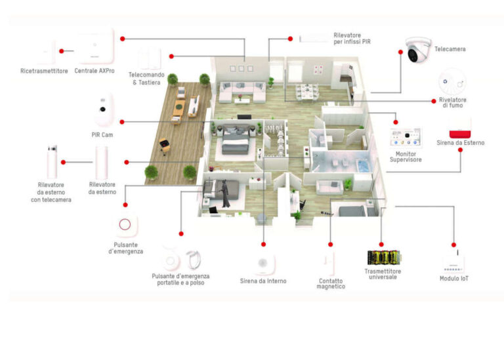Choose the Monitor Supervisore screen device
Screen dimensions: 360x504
pyautogui.click(x=405, y=139)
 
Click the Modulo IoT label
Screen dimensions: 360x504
pyautogui.click(x=453, y=278)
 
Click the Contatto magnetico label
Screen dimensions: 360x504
pyautogui.click(x=330, y=283)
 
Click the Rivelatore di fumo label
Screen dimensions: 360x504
pyautogui.click(x=452, y=102)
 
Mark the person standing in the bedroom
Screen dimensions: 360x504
pyautogui.click(x=224, y=193)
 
